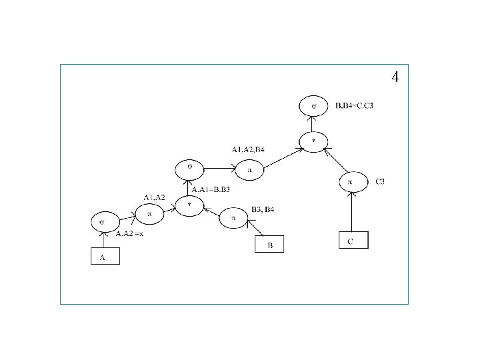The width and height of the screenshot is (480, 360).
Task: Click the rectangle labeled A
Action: click(105, 256)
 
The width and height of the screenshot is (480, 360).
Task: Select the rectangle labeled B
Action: click(269, 245)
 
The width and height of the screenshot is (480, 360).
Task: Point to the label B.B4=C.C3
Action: click(355, 105)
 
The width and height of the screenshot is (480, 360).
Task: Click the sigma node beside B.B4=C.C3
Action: click(312, 106)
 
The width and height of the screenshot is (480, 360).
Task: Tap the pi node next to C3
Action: click(350, 181)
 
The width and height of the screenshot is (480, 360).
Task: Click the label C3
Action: click(380, 181)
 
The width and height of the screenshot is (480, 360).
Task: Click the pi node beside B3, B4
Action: click(233, 218)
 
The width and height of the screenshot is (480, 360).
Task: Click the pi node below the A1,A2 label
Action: click(149, 214)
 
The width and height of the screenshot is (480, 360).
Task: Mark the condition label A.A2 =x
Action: click(130, 234)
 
